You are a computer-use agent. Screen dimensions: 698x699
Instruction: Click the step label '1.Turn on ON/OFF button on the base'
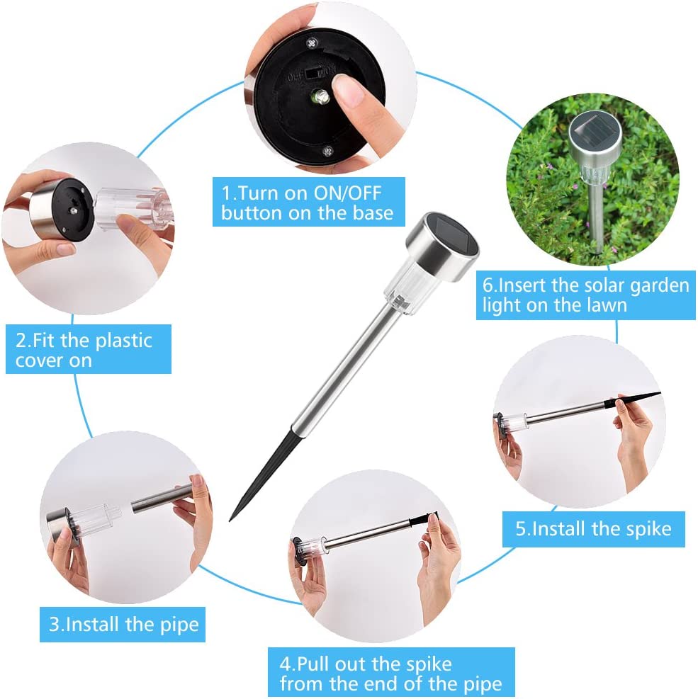[309, 202]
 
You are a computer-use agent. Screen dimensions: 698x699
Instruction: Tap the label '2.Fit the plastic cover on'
[89, 349]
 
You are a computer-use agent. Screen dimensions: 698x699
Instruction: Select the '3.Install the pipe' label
[123, 625]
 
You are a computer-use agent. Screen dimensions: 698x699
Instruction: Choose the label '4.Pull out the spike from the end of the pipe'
[391, 672]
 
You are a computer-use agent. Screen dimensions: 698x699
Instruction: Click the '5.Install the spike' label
[594, 529]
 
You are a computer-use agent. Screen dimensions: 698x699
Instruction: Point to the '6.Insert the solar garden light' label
[586, 295]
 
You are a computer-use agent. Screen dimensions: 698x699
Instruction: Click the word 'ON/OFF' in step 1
[347, 193]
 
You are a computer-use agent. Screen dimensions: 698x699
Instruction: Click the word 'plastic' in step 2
[124, 341]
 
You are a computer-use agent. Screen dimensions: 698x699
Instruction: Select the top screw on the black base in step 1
[312, 43]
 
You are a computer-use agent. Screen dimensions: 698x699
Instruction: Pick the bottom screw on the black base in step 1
[328, 152]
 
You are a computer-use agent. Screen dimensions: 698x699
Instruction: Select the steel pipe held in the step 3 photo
[164, 499]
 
